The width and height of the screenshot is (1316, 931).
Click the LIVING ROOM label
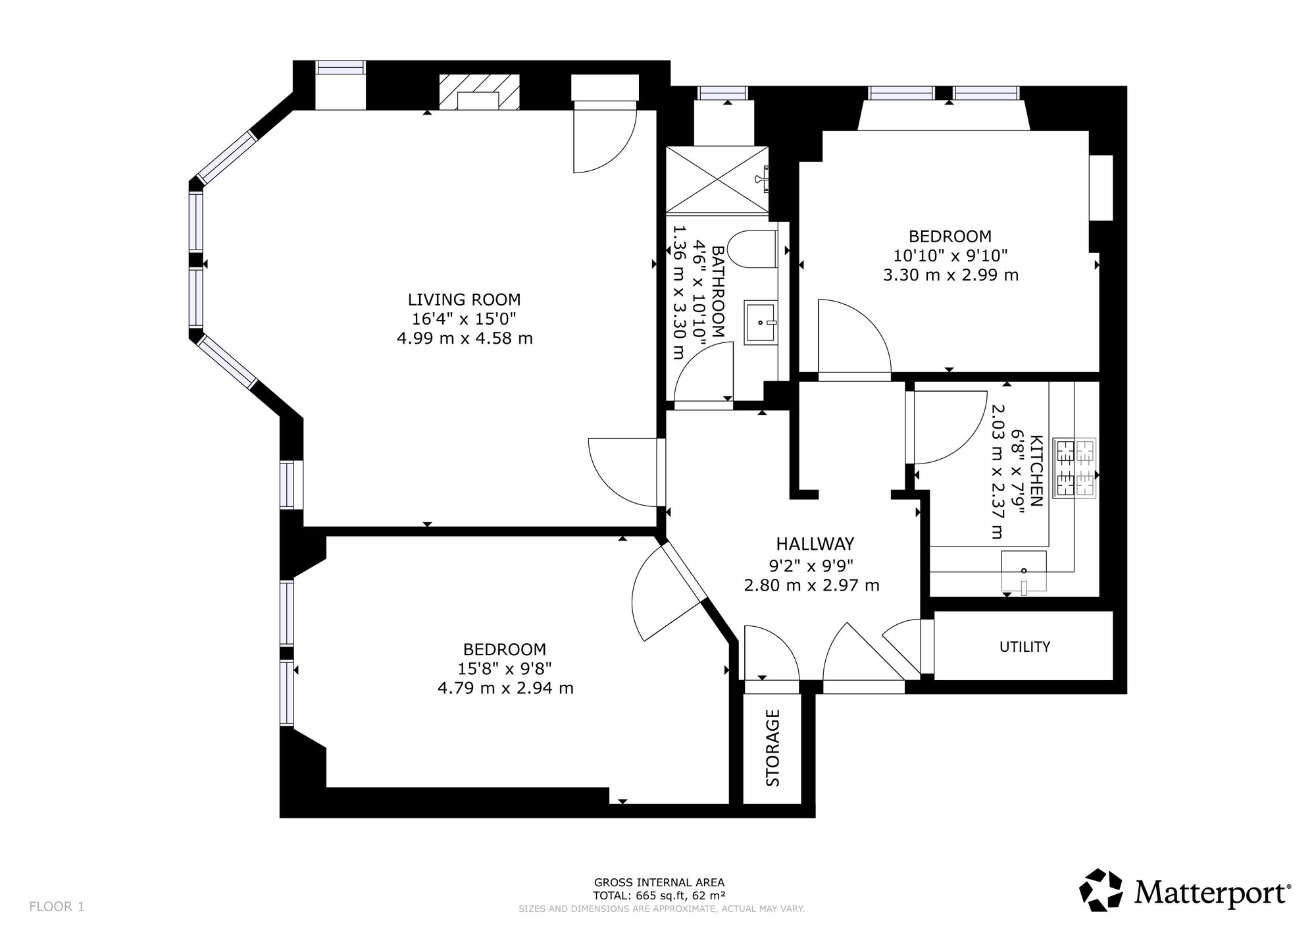pyautogui.click(x=464, y=300)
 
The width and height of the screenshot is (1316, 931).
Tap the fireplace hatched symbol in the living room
pyautogui.click(x=479, y=91)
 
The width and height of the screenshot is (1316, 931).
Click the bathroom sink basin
pyautogui.click(x=761, y=323)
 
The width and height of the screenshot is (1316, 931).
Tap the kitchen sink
pyautogui.click(x=1023, y=571)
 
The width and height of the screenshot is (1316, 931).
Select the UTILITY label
pyautogui.click(x=1025, y=647)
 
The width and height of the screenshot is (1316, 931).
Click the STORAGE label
pyautogui.click(x=773, y=748)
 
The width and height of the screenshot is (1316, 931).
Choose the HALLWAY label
pyautogui.click(x=815, y=544)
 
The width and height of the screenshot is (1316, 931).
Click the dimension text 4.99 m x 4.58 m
pyautogui.click(x=464, y=338)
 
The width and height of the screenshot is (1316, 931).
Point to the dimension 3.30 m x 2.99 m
pyautogui.click(x=950, y=275)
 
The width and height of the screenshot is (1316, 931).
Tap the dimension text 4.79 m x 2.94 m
pyautogui.click(x=505, y=688)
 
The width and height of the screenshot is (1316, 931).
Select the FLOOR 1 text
pyautogui.click(x=57, y=907)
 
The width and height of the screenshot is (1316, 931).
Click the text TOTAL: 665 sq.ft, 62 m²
pyautogui.click(x=659, y=895)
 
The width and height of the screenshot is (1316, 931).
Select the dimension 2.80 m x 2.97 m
pyautogui.click(x=811, y=585)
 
